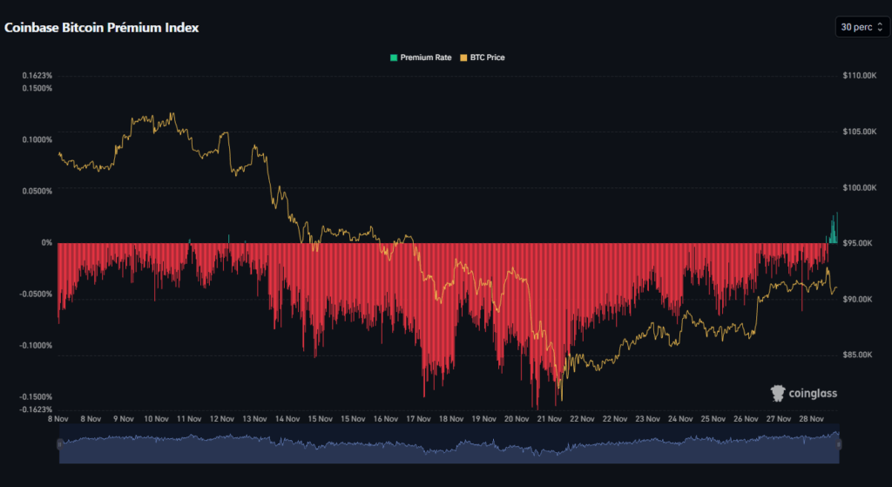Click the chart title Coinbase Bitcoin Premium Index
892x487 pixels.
point(102,28)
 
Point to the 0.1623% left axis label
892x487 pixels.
point(37,76)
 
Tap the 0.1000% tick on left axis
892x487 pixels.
point(37,139)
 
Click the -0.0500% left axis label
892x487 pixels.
point(36,294)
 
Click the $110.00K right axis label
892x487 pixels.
point(859,76)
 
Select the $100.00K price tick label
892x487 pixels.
point(859,187)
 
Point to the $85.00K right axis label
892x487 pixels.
point(857,355)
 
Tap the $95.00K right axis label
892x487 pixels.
point(857,243)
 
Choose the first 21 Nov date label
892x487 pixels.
point(548,418)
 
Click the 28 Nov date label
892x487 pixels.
point(811,418)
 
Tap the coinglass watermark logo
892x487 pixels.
point(803,394)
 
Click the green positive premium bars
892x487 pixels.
point(833,231)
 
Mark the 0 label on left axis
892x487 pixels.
point(47,243)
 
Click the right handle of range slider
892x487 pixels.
point(839,444)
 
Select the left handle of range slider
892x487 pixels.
point(59,444)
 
